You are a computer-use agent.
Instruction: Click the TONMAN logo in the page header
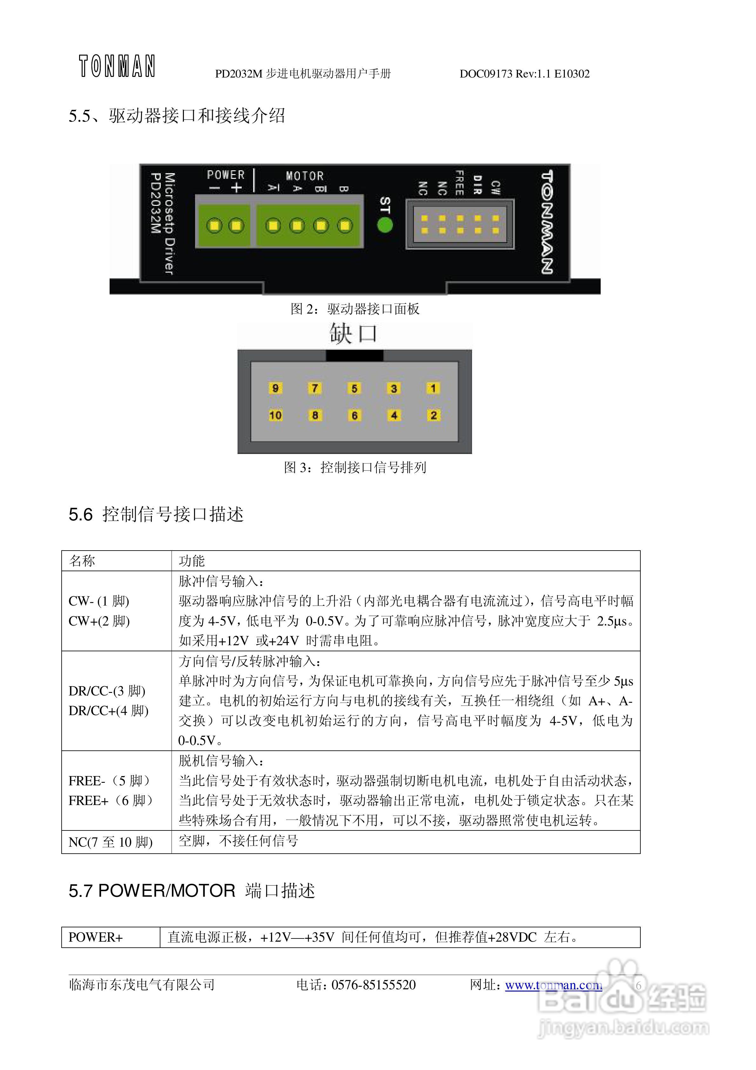(117, 66)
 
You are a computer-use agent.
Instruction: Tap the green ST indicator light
(385, 225)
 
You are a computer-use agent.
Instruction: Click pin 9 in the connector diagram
(275, 388)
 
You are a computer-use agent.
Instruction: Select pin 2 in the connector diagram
(434, 415)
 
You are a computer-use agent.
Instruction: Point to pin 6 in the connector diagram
(354, 415)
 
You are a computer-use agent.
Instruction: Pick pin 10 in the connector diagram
(275, 415)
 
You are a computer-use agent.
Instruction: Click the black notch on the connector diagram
(354, 356)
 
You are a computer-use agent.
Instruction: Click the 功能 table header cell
(192, 561)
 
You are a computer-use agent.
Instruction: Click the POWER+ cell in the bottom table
(96, 937)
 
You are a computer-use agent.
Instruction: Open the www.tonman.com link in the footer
(553, 985)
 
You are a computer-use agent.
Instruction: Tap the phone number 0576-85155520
(373, 985)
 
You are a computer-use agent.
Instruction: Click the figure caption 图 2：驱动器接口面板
(355, 309)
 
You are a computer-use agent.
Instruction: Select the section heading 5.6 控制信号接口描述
(156, 514)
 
